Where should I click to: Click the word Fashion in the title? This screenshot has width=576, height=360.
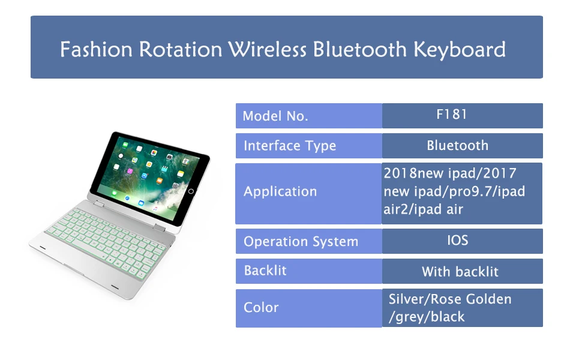tap(96, 49)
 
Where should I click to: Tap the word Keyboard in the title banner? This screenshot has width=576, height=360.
tap(460, 50)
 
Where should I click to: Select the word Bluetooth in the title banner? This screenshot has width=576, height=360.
tap(359, 49)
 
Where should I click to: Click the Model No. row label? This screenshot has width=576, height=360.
tap(275, 116)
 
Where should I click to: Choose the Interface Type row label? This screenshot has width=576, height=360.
tap(290, 146)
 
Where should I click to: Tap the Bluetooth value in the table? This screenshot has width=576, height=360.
tap(458, 145)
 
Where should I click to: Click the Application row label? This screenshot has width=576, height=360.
tap(280, 192)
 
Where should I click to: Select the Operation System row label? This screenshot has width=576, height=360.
tap(301, 241)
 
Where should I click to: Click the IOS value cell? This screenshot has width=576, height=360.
tap(458, 240)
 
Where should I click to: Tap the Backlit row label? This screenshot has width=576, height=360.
tap(265, 271)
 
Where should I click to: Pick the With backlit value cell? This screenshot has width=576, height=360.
tap(460, 272)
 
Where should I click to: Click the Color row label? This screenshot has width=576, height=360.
tap(261, 307)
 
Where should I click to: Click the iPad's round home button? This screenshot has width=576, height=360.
tap(191, 191)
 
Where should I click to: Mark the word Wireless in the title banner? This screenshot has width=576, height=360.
tap(267, 49)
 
